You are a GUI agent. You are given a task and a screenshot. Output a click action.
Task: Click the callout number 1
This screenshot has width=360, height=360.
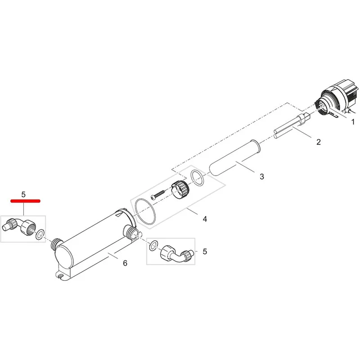pos(353,121)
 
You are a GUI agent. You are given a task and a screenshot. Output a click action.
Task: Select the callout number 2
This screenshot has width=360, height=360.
pos(318,142)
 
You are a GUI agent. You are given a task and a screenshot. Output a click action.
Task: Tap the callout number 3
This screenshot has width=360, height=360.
pos(262,176)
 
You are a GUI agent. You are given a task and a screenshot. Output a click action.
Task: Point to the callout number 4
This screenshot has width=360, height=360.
pos(205,219)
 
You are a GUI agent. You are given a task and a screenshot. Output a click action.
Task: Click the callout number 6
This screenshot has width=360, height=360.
pos(125,263)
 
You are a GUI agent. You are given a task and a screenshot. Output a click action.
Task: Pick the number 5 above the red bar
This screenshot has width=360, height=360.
pos(23,194)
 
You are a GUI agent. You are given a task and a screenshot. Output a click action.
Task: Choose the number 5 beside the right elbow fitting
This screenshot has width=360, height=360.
pos(205,252)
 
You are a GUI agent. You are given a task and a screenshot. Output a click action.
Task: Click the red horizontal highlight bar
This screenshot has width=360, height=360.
pos(26,201)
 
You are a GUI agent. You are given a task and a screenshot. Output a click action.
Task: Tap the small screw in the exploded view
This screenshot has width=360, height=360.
pos(158,194)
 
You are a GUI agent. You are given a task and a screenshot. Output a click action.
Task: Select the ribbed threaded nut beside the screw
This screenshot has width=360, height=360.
pos(181,189)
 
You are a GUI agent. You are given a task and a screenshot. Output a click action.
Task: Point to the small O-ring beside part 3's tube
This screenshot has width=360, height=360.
pos(197,178)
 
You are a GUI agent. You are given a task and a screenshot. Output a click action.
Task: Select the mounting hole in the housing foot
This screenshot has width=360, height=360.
pos(61,276)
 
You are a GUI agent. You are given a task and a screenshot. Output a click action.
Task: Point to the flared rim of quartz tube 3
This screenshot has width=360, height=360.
pos(255,146)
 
